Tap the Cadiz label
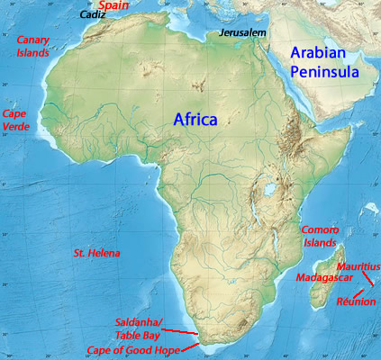92,15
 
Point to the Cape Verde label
17,121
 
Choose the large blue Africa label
195,119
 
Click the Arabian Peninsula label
324,62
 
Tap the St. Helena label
96,254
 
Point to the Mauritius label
358,267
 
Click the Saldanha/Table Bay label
139,328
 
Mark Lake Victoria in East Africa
268,193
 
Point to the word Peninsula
324,72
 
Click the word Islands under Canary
32,52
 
